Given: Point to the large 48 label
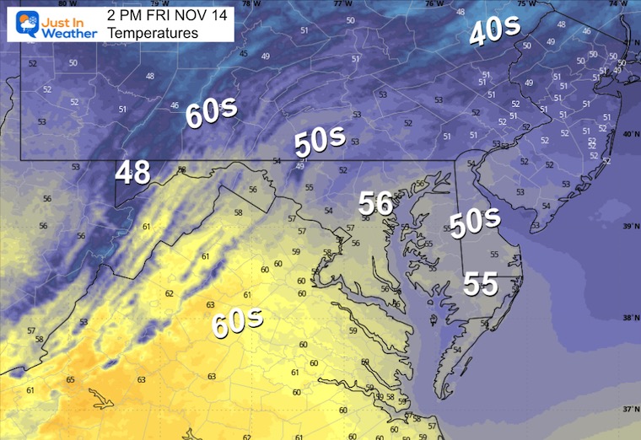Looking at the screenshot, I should click(x=133, y=172).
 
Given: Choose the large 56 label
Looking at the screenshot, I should click(x=376, y=203).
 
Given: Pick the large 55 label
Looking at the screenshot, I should click(x=480, y=285).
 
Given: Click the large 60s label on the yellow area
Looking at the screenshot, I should click(x=237, y=322).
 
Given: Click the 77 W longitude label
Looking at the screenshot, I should click(x=342, y=4).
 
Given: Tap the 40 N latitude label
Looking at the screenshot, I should click(x=628, y=134).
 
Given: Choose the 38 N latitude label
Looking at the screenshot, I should click(x=628, y=318).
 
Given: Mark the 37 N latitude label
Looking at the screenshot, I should click(x=628, y=409).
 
